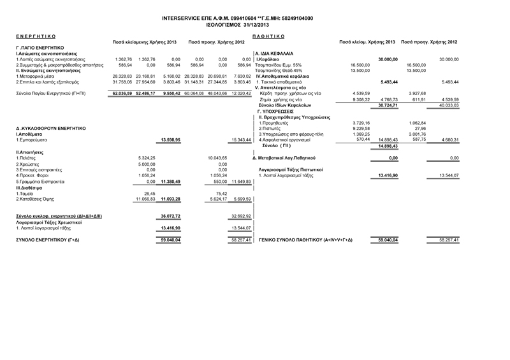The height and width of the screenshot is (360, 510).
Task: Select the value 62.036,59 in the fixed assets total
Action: [122, 93]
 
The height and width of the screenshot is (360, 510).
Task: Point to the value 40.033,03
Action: [448, 105]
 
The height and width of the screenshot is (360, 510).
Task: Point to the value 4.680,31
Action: [448, 140]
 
